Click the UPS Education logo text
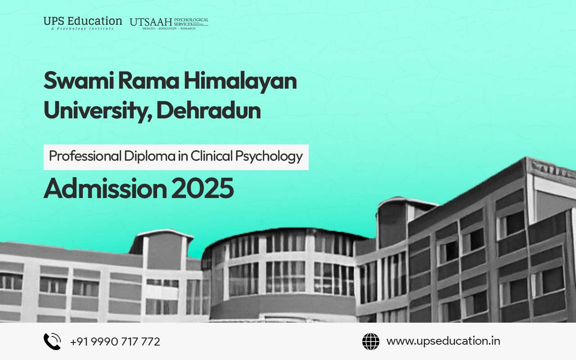[x=83, y=21]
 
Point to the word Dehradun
[x=208, y=110]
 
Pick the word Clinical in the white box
[x=211, y=156]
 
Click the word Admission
[x=105, y=189]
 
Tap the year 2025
[x=202, y=189]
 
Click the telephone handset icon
[x=52, y=342]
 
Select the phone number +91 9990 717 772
[x=115, y=342]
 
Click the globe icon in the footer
[x=371, y=342]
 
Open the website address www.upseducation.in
[x=443, y=342]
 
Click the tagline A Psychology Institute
[x=82, y=28]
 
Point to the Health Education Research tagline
[x=169, y=28]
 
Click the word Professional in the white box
[x=85, y=156]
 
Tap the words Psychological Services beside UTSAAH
[x=191, y=22]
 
